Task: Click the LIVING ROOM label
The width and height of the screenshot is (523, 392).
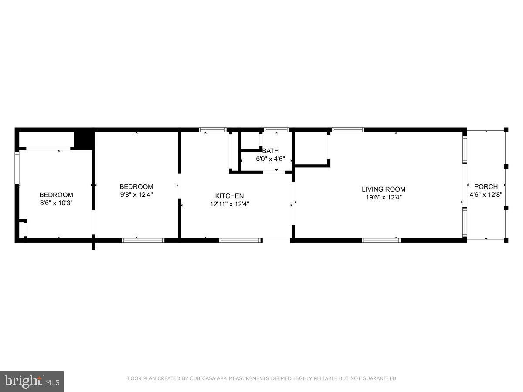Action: tap(384, 189)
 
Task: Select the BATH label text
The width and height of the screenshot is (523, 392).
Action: tap(270, 151)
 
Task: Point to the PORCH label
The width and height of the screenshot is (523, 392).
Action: tap(486, 187)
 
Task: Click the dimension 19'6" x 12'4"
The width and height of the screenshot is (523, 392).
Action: tap(384, 197)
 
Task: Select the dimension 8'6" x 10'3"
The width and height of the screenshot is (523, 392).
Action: tap(56, 203)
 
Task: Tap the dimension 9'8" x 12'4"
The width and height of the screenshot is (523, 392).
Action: tap(136, 195)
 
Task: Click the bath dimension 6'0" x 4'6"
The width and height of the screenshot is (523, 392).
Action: tap(270, 159)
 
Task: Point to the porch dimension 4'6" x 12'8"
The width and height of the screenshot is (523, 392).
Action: tap(486, 195)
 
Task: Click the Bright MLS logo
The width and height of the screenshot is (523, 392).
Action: tap(32, 381)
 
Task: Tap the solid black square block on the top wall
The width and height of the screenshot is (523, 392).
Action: tap(84, 139)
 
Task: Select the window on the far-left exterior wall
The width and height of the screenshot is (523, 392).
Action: tap(17, 167)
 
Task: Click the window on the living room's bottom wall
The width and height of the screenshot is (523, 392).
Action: tap(381, 240)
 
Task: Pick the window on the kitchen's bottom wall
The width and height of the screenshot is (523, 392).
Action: tap(241, 240)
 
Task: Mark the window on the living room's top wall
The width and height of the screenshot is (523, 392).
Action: tap(348, 129)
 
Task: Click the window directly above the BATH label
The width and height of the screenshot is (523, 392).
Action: tap(277, 129)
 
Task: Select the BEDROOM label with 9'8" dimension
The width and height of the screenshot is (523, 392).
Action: tap(136, 187)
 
